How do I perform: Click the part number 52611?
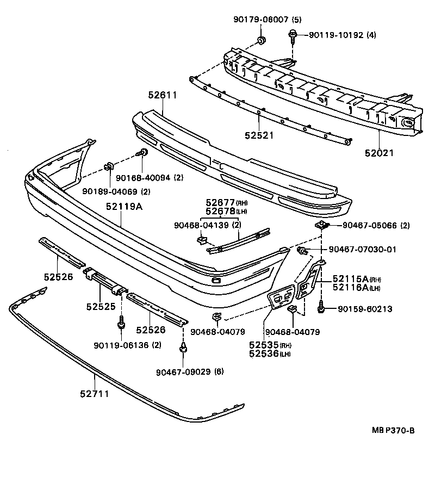[x=163, y=95]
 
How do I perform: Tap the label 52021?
[x=379, y=153]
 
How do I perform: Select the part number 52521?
[x=259, y=135]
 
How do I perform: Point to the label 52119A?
[x=124, y=206]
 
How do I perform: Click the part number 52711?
[x=95, y=394]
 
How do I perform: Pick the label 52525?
[x=101, y=306]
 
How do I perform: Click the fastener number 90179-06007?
[x=260, y=20]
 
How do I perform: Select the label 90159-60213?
[x=365, y=309]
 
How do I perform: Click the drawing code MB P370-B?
[x=393, y=430]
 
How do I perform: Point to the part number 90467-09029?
[x=183, y=372]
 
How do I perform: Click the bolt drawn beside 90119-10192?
[x=292, y=36]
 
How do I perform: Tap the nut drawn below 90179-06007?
[x=262, y=40]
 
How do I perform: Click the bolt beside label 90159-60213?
[x=321, y=307]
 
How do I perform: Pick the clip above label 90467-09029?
[x=183, y=348]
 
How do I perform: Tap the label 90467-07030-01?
[x=362, y=249]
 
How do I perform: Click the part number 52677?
[x=220, y=202]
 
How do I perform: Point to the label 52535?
[x=264, y=344]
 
